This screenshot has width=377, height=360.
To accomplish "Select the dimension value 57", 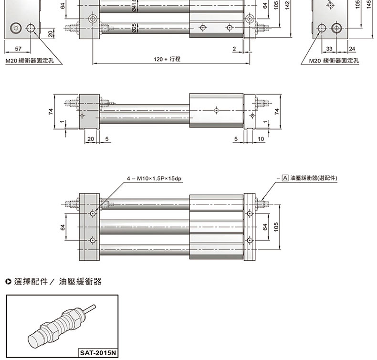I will coord(18,49).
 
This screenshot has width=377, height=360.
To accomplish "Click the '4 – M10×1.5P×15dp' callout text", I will coord(154,179).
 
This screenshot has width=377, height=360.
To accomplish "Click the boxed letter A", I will coord(285,178).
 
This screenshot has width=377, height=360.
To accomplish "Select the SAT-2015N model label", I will coord(97,353).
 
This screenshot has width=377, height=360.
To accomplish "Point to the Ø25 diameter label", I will coord(135,28).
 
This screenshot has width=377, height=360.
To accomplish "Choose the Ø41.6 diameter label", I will coord(135,6).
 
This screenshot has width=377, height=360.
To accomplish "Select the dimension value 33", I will coord(329,49).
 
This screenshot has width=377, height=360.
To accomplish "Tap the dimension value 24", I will coord(352,49).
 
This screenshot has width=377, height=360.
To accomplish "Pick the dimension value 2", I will coord(234,49).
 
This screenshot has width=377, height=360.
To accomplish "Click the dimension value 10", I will coord(261,139).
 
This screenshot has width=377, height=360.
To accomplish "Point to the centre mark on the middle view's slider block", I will coord(217,110).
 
